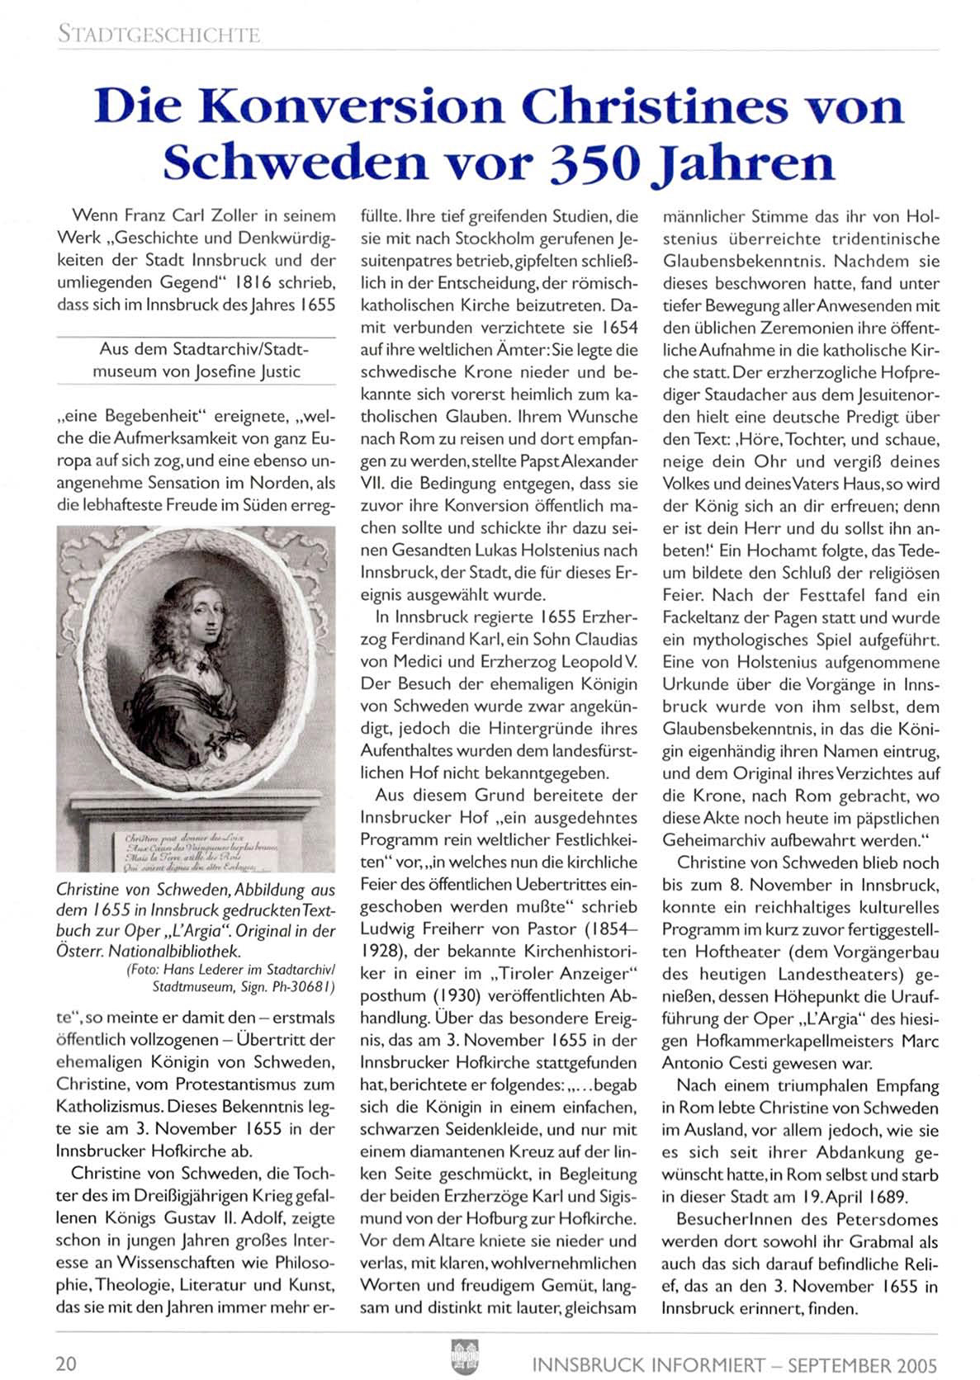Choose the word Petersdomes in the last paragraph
pyautogui.click(x=890, y=1219)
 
